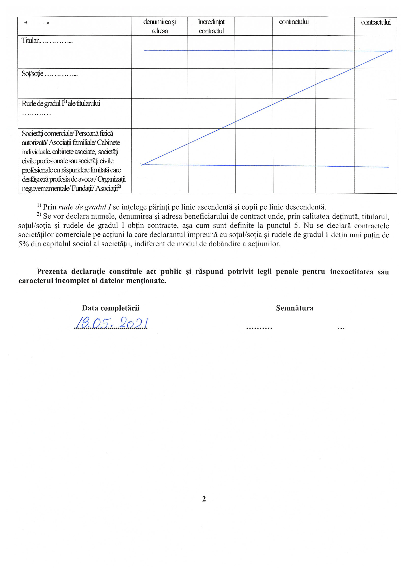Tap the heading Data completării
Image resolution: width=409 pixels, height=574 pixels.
[x=111, y=308]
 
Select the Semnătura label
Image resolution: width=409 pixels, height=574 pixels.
[x=295, y=308]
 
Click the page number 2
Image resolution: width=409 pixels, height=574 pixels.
[x=204, y=499]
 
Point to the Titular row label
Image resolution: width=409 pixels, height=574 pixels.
[x=30, y=41]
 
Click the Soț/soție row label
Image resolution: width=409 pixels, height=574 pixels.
[x=32, y=74]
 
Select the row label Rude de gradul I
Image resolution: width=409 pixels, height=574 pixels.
[x=61, y=103]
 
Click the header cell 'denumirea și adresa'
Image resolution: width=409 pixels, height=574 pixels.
[x=160, y=26]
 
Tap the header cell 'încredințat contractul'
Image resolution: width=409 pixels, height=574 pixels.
[x=211, y=26]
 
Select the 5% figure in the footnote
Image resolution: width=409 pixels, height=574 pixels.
[x=24, y=244]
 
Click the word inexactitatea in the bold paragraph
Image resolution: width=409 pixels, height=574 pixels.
[x=351, y=272]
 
